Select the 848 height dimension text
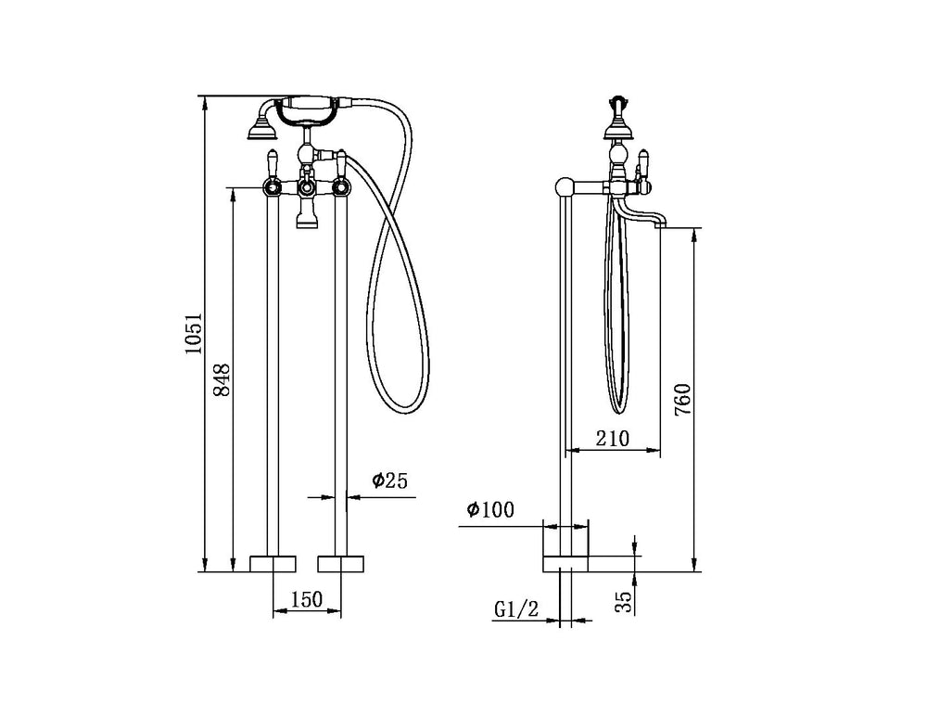(x=222, y=379)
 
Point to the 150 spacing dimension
(x=307, y=599)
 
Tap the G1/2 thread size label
(x=516, y=609)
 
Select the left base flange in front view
(x=273, y=563)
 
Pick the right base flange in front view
(x=340, y=563)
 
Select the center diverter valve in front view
(x=307, y=188)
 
